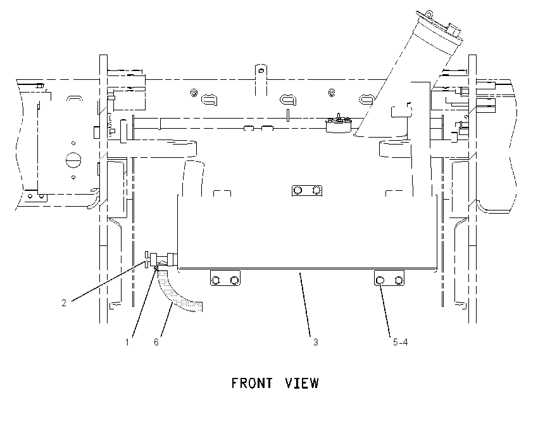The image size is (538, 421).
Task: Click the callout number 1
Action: coord(127,342)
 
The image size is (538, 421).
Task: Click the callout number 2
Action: coord(64,303)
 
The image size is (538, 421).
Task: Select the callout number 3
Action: coord(315,342)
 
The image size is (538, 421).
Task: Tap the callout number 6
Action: coord(156,342)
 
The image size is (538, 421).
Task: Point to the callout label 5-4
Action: coord(401,342)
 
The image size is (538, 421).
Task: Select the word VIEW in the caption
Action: coord(302,383)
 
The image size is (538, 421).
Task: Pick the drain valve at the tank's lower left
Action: coord(161,259)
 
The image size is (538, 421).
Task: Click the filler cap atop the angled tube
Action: coord(440,26)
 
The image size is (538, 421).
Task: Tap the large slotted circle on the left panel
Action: coord(73,160)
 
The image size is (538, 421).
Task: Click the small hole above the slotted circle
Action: coord(73,143)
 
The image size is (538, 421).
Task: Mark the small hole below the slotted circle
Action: coord(73,178)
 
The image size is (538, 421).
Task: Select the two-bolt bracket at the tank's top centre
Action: coord(307,190)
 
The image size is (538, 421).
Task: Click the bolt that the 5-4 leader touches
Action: coord(380,280)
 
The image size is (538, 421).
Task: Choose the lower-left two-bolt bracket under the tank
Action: coord(225,278)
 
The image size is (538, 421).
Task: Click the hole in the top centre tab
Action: coord(261,71)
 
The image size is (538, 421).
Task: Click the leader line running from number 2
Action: coord(109,281)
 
